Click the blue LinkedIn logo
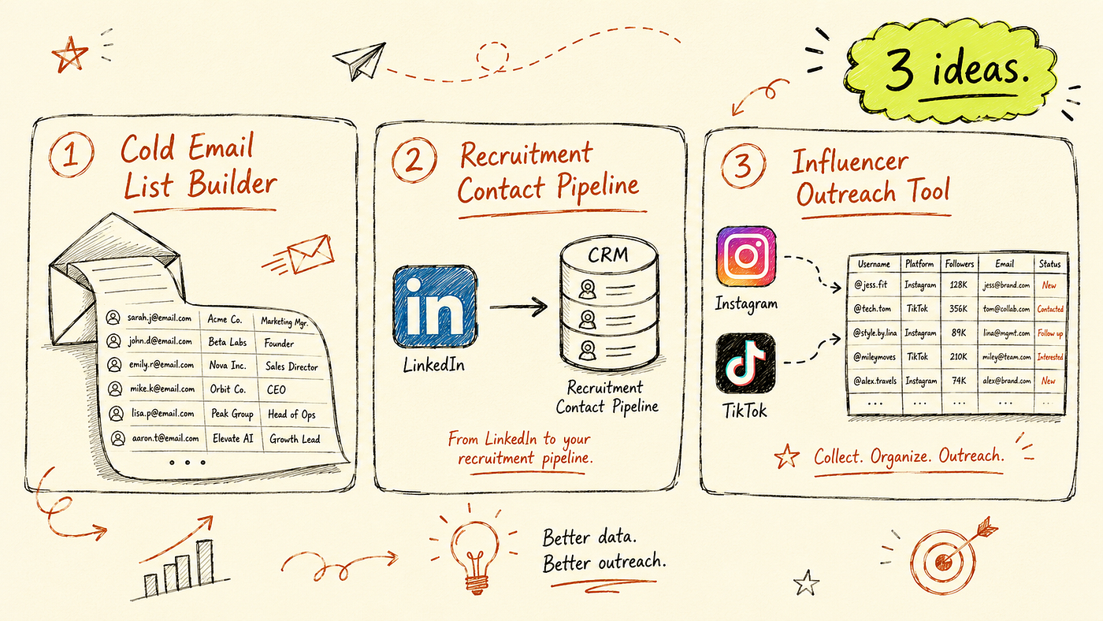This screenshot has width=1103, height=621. (435, 307)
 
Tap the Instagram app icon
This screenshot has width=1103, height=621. (746, 256)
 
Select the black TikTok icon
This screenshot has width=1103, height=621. (745, 363)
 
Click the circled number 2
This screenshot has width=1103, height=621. (414, 160)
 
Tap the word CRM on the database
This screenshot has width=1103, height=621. (608, 255)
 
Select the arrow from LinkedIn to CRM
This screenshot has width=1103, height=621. (518, 307)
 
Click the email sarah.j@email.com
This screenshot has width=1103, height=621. (159, 318)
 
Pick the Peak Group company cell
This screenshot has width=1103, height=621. (232, 414)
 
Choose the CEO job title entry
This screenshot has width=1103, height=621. (277, 389)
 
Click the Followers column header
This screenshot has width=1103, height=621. (960, 264)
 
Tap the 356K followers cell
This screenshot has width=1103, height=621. (958, 309)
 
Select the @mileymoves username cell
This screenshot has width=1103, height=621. (875, 357)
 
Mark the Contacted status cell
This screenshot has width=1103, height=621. (1050, 309)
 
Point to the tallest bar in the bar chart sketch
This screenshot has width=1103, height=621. (205, 562)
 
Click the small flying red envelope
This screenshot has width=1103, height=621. (310, 254)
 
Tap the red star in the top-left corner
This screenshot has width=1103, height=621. (70, 54)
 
